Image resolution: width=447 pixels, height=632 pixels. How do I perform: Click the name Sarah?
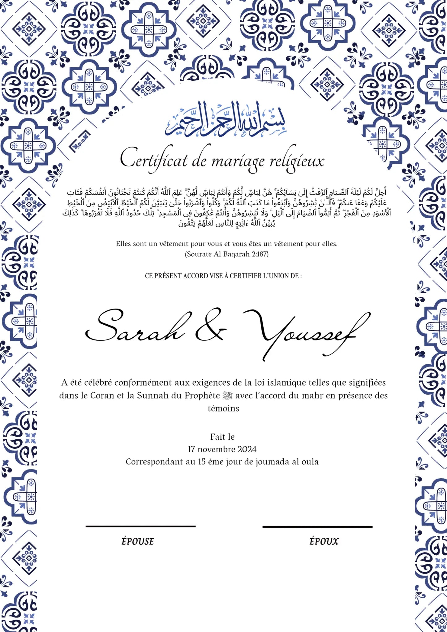pyautogui.click(x=136, y=328)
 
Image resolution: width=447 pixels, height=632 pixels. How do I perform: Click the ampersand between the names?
pyautogui.click(x=210, y=328)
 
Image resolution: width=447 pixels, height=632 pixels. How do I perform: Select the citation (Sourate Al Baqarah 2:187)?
pyautogui.click(x=226, y=254)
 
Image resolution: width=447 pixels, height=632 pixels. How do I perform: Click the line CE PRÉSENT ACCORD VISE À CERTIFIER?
pyautogui.click(x=223, y=276)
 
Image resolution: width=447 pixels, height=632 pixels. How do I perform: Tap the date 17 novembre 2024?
pyautogui.click(x=222, y=449)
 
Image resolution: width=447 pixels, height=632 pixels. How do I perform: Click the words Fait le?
pyautogui.click(x=222, y=437)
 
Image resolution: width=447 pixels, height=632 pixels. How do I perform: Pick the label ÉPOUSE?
pyautogui.click(x=138, y=541)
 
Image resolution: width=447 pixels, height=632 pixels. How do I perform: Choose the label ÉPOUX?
pyautogui.click(x=324, y=541)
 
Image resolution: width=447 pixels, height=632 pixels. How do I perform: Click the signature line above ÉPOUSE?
pyautogui.click(x=140, y=526)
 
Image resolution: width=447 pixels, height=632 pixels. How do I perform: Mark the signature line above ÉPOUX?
pyautogui.click(x=317, y=527)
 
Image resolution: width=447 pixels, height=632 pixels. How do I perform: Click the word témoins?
pyautogui.click(x=223, y=408)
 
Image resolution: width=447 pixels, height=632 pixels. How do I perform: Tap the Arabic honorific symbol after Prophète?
pyautogui.click(x=227, y=395)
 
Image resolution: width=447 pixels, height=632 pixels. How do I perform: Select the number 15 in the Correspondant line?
pyautogui.click(x=202, y=462)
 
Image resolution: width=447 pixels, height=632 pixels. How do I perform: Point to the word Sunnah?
pyautogui.click(x=149, y=395)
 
